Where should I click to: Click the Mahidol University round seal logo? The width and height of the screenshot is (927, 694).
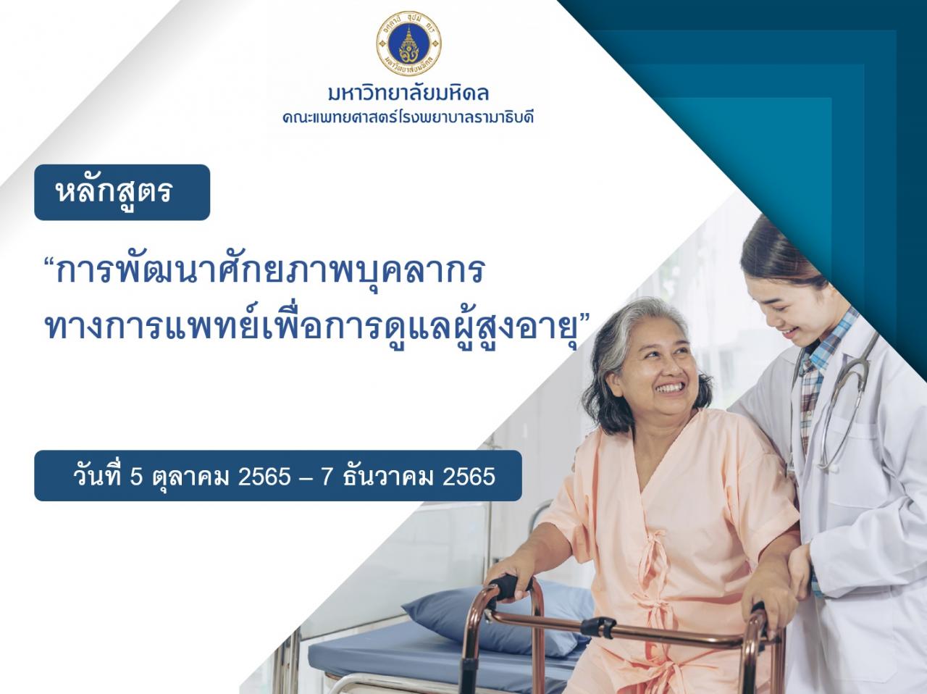(408, 43)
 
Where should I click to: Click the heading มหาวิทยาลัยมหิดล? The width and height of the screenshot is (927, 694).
(408, 93)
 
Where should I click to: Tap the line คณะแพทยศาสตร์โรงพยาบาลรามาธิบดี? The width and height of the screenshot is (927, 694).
(408, 117)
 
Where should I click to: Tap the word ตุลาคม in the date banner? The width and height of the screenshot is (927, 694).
(191, 477)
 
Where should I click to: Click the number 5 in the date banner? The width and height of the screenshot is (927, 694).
(136, 477)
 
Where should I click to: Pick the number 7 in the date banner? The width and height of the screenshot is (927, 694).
(326, 477)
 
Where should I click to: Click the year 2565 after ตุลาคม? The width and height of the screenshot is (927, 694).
(264, 477)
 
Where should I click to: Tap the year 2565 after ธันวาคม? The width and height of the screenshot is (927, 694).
(469, 477)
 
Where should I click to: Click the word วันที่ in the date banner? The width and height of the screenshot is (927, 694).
(96, 477)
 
